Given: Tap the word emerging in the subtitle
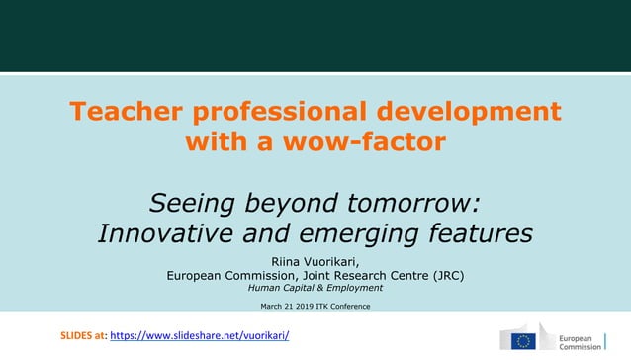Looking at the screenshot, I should click(x=366, y=234).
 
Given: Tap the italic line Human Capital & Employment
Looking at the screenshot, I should click(x=315, y=288).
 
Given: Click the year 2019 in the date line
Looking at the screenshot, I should click(x=315, y=306).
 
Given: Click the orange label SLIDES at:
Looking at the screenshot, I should click(x=83, y=336).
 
